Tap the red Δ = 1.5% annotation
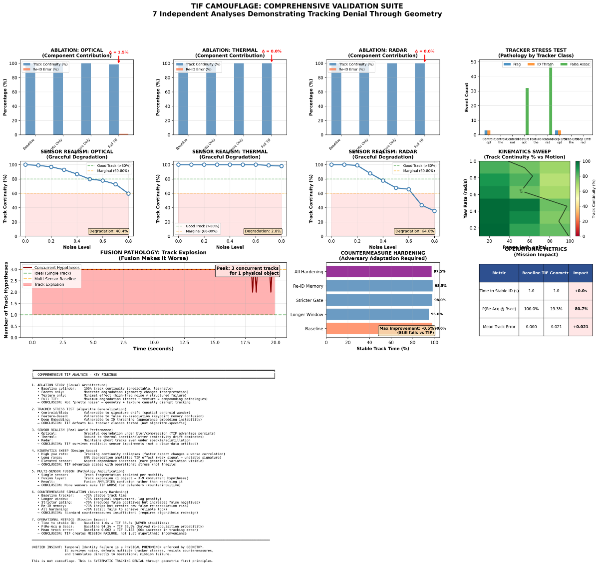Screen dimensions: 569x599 coord(119,52)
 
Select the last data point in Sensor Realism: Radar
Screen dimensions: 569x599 coord(434,211)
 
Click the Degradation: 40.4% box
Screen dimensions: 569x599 coord(109,231)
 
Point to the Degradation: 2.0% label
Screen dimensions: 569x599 coord(263,231)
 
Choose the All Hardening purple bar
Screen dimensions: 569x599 coord(379,272)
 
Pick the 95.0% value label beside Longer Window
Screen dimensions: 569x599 coord(437,314)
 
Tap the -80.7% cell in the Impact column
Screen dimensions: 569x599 coord(581,309)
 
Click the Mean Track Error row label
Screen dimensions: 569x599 coord(499,327)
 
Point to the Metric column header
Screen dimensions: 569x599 coord(499,273)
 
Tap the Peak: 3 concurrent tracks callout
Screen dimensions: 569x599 coord(247,271)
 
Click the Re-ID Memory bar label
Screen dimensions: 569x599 coord(308,286)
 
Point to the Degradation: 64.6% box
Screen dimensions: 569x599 coord(415,231)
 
